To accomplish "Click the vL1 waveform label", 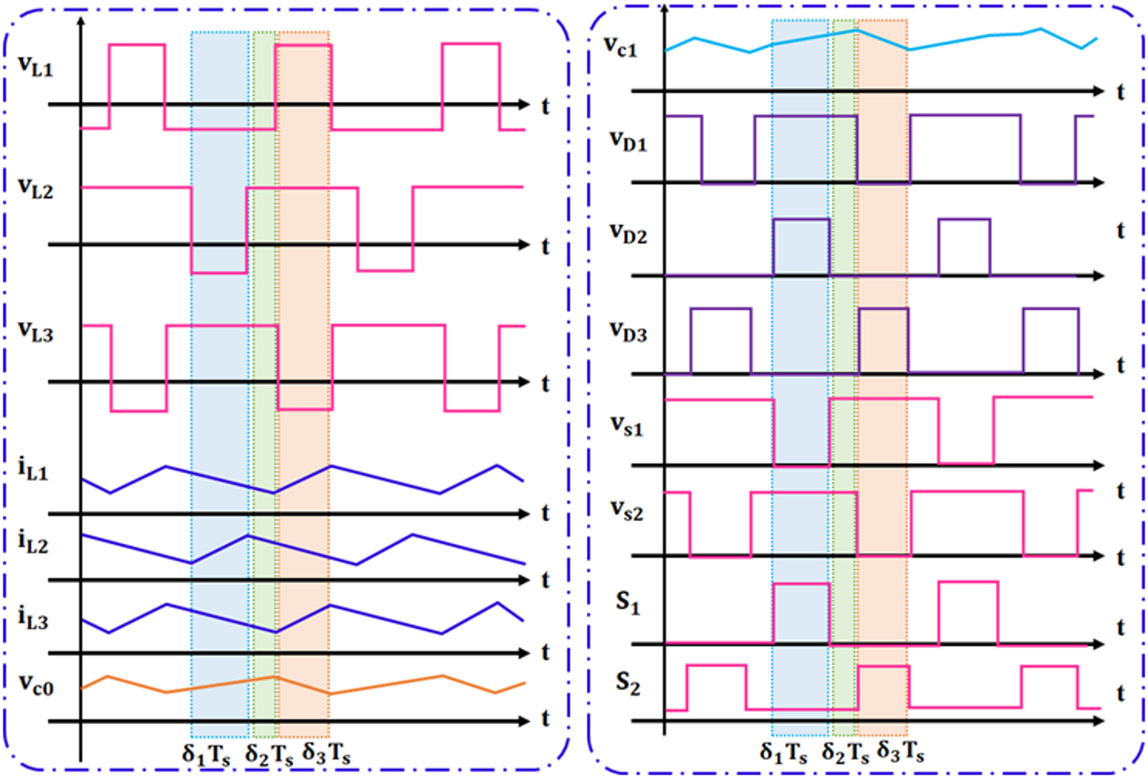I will pos(35,66).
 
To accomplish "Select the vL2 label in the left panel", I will pos(35,188).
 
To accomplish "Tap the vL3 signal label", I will pos(35,331).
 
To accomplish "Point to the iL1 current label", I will pos(33,469).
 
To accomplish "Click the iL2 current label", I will pos(33,542).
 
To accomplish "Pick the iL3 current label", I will pos(33,618).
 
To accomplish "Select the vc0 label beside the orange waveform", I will pos(36,684).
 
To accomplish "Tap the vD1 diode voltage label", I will pos(628,140).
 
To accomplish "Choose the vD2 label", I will pos(628,233).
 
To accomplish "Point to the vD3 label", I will pos(628,332).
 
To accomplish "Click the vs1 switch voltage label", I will pos(627,426).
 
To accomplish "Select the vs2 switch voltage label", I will pos(627,510).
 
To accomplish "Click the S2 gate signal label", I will pos(627,683).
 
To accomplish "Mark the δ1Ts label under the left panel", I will pos(206,755).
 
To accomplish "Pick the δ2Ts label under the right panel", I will pos(845,753).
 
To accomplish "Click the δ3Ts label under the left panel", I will pos(326,754).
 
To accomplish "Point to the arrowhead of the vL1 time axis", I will pos(524,105).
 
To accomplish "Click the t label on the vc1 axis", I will pos(1121,92).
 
